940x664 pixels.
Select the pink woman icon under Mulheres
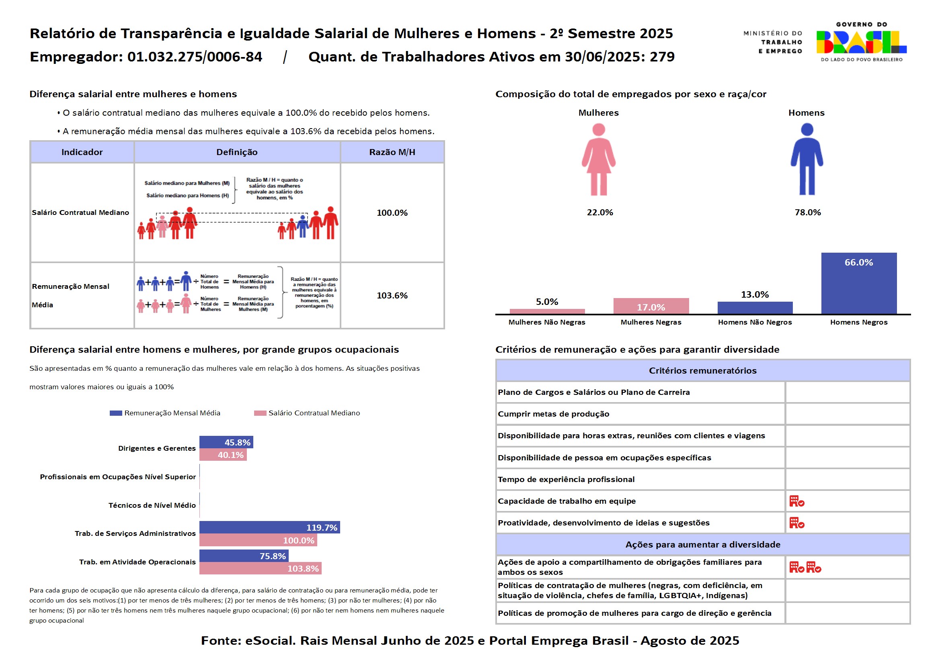click(599, 159)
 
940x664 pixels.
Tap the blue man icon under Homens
click(807, 159)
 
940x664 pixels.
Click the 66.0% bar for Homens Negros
click(859, 283)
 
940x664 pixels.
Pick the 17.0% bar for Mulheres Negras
click(651, 306)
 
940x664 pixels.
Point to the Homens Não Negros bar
click(755, 308)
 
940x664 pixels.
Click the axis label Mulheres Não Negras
click(547, 323)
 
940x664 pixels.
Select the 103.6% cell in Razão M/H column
click(392, 295)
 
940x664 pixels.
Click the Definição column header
click(237, 152)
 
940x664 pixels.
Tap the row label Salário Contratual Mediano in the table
click(80, 212)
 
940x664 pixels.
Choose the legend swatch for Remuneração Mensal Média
click(116, 413)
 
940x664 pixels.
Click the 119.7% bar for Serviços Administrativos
click(270, 527)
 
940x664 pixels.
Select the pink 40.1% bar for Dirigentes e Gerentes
click(223, 455)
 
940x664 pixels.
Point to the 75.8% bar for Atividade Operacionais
click(244, 556)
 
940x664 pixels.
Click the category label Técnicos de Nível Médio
click(152, 505)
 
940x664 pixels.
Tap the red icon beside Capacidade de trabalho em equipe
click(797, 501)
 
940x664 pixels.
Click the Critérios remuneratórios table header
click(702, 371)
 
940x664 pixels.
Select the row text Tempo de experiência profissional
click(566, 480)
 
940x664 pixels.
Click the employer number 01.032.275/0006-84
click(195, 57)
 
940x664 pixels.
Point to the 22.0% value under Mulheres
click(600, 212)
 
